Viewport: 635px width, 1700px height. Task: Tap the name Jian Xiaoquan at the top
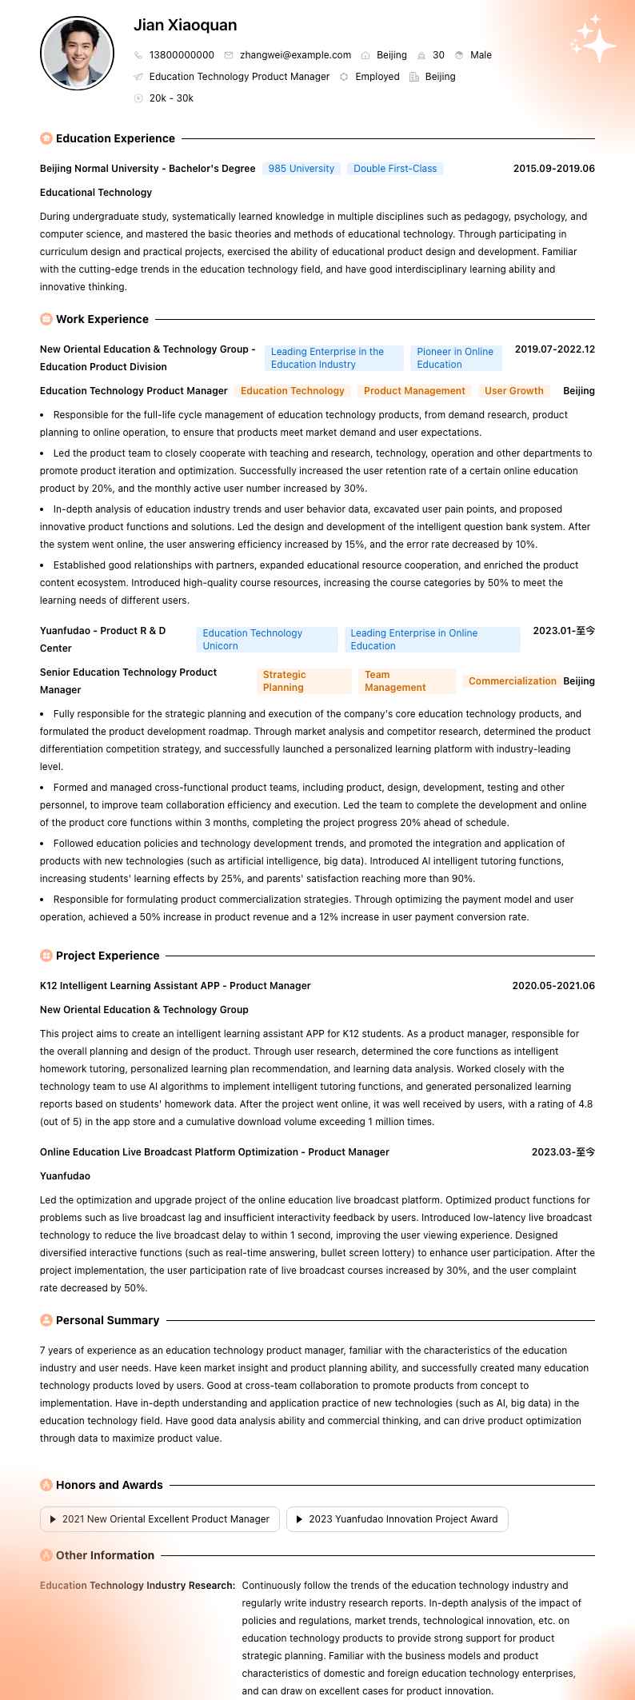[x=185, y=26]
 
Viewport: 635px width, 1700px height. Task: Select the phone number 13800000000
[x=182, y=55]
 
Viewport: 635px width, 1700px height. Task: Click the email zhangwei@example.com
[x=295, y=55]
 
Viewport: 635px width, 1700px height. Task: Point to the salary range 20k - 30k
[x=171, y=98]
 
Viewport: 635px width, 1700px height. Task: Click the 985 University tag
[x=301, y=169]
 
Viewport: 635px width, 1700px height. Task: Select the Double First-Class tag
[x=395, y=169]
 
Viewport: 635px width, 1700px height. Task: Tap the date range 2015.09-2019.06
[x=553, y=169]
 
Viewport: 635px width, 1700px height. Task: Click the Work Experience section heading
[x=102, y=319]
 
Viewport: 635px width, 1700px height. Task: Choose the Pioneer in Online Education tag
[x=455, y=357]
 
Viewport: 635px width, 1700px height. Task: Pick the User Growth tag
[x=513, y=391]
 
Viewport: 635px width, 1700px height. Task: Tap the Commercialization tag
[x=512, y=681]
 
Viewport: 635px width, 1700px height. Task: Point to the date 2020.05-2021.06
[x=553, y=986]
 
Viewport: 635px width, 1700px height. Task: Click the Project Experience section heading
[x=107, y=956]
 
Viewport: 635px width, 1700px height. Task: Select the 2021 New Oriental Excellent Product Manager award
[x=160, y=1519]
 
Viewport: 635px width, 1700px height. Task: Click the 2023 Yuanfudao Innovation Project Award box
[x=397, y=1519]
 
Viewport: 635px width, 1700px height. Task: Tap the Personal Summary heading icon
[x=46, y=1320]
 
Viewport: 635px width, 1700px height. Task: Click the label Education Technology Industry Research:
[x=138, y=1585]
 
